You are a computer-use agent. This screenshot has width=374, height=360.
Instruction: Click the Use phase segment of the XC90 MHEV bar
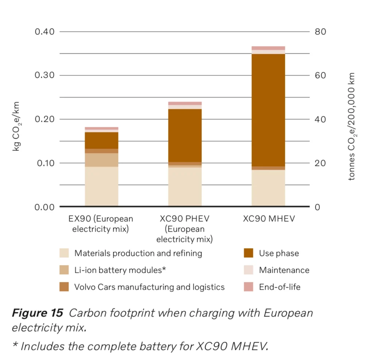[268, 110]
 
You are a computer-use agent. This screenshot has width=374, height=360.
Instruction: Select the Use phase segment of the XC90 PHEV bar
[185, 135]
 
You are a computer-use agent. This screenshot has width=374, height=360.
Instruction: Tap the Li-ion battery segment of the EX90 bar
[102, 160]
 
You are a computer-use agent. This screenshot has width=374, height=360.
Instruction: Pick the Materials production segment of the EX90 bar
[102, 186]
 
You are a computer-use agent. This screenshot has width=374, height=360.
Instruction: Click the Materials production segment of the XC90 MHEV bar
[268, 188]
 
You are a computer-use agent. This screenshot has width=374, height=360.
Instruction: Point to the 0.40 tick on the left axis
[45, 32]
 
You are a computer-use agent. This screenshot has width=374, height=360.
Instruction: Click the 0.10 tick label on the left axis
[45, 163]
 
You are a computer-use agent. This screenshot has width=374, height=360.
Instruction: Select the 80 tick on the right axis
[320, 32]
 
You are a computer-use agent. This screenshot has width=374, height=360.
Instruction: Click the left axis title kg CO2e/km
[16, 126]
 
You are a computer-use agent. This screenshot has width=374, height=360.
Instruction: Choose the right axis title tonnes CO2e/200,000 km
[351, 126]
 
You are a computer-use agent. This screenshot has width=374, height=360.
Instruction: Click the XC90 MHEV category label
[268, 219]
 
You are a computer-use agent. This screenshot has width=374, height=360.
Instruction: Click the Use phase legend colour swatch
[248, 253]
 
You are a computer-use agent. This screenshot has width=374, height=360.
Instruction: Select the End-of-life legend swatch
[248, 287]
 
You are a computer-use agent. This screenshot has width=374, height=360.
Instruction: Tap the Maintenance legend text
[284, 270]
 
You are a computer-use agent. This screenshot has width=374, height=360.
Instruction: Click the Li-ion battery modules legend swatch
[64, 270]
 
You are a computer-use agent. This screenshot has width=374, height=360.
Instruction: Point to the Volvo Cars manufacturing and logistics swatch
[64, 287]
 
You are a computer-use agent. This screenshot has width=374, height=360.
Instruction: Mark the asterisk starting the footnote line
[15, 345]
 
